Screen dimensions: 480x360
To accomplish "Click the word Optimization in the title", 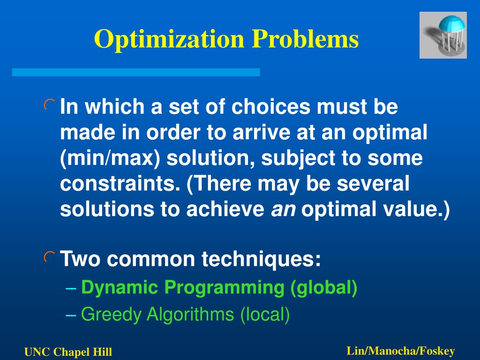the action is point(169,39).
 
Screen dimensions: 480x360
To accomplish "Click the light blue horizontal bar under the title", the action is point(136,72).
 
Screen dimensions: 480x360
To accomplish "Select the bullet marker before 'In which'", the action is point(49,105).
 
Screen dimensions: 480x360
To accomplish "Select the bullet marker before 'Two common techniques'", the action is point(49,257).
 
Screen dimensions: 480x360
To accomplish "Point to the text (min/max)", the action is point(110,158).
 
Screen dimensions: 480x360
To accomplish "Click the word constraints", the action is point(120,183).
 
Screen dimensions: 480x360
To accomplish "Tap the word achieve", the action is point(225,209).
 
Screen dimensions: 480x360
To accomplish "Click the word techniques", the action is point(261,259).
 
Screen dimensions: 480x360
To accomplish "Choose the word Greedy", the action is point(111,315).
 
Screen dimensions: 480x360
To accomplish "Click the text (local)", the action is point(265,315).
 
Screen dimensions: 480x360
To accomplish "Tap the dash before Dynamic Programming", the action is point(71,288).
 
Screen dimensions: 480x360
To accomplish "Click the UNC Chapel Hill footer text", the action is point(68,352).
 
